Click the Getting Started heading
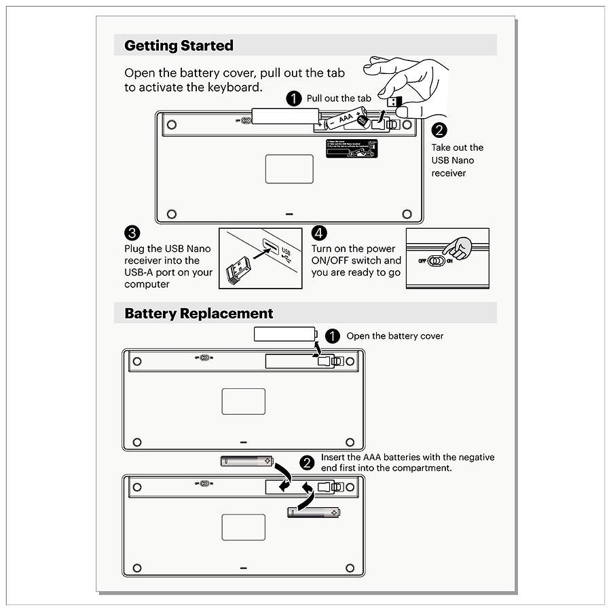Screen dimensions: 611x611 pyautogui.click(x=179, y=45)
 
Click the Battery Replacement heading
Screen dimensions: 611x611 pyautogui.click(x=198, y=314)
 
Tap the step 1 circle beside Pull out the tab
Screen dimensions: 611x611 pyautogui.click(x=294, y=98)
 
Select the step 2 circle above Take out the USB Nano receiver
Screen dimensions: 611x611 pyautogui.click(x=439, y=130)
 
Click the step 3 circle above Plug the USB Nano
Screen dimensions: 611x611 pyautogui.click(x=132, y=233)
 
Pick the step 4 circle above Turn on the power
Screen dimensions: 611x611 pyautogui.click(x=319, y=233)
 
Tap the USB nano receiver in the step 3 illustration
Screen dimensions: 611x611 pyautogui.click(x=238, y=271)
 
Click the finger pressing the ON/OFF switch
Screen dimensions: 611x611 pyautogui.click(x=462, y=248)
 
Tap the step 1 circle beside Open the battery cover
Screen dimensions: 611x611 pyautogui.click(x=333, y=335)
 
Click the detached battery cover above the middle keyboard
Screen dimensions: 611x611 pyautogui.click(x=285, y=333)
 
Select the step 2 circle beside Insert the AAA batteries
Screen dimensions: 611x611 pyautogui.click(x=308, y=463)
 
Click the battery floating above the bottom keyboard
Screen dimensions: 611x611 pyautogui.click(x=246, y=461)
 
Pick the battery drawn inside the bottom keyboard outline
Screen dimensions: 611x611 pyautogui.click(x=312, y=512)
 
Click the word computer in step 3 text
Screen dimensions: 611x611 pyautogui.click(x=147, y=284)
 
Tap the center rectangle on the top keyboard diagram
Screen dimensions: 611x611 pyautogui.click(x=289, y=169)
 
